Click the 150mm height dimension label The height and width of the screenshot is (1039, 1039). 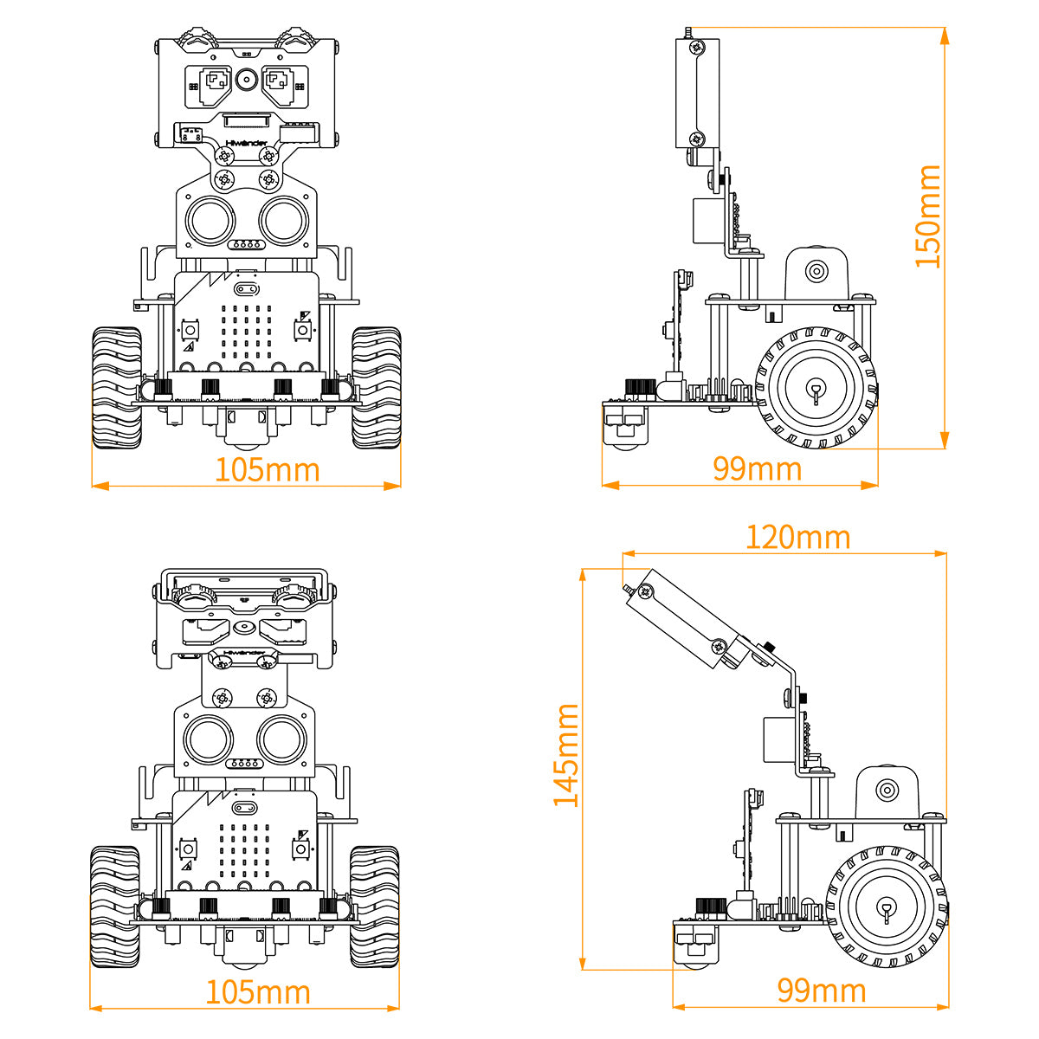tap(928, 216)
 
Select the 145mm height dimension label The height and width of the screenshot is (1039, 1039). tap(566, 755)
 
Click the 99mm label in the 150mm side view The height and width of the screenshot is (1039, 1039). tap(758, 468)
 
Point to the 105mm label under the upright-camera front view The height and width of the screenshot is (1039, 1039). tap(267, 469)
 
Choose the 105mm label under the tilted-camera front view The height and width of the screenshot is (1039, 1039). tap(257, 992)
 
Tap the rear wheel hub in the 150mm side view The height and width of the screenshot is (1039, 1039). tap(816, 388)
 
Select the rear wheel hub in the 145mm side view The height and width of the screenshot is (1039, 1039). tap(887, 909)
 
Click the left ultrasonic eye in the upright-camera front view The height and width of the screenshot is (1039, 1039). tap(210, 220)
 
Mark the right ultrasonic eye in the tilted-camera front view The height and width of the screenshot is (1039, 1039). tap(282, 738)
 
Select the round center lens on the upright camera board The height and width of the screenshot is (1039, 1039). tap(247, 81)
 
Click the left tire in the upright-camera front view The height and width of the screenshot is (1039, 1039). tap(117, 387)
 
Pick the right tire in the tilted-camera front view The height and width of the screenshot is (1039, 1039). tap(374, 907)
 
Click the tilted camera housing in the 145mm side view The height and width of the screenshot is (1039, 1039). tap(684, 619)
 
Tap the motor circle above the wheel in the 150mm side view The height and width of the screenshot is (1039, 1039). tap(816, 271)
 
